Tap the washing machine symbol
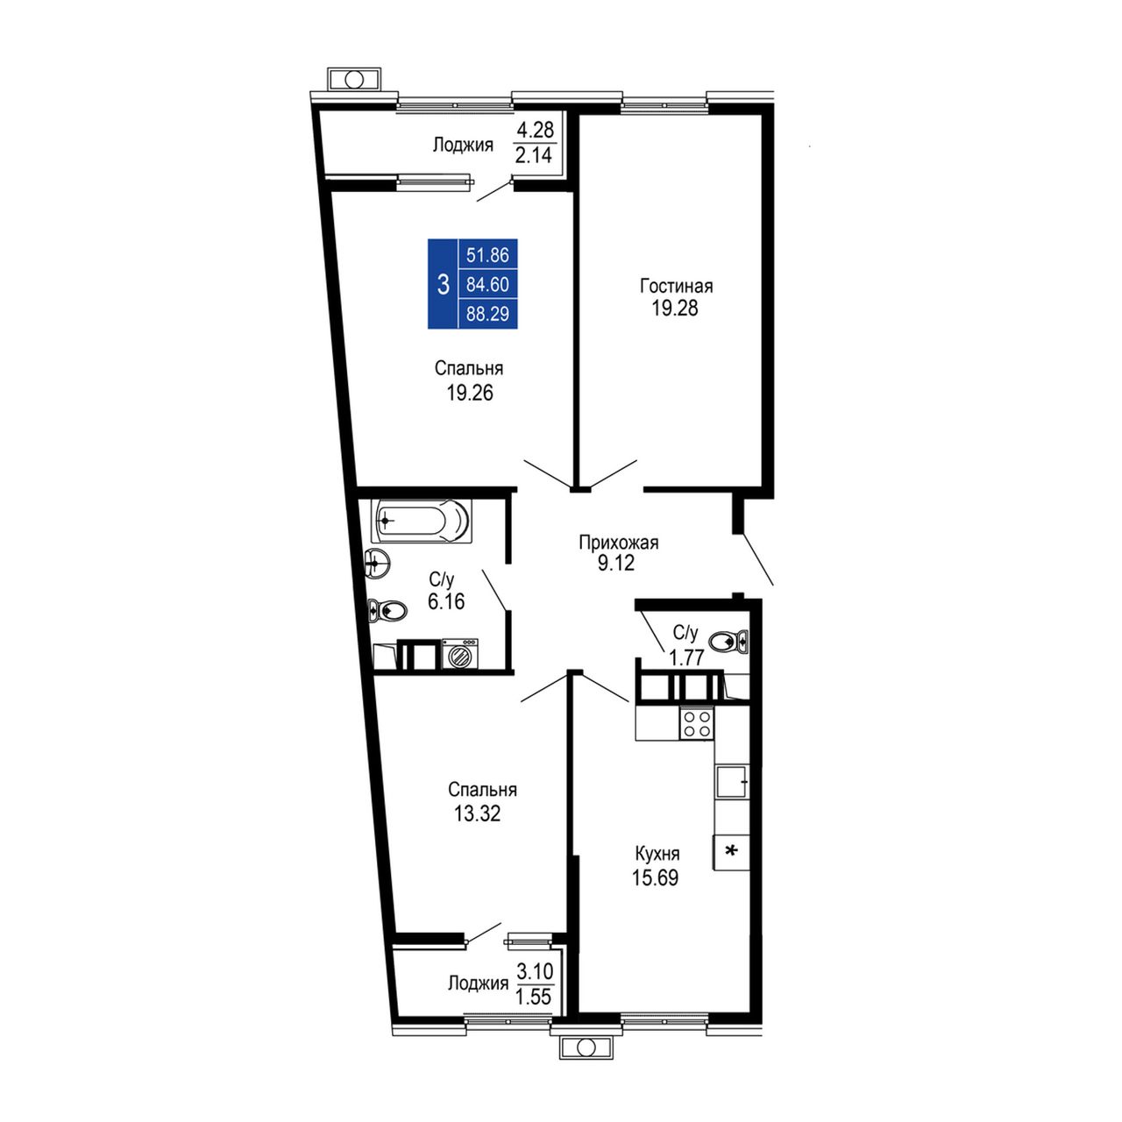click(460, 653)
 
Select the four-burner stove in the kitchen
click(696, 722)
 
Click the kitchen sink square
click(732, 781)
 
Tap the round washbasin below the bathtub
click(378, 563)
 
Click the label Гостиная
click(676, 287)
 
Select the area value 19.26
click(470, 393)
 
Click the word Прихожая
click(618, 543)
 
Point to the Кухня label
click(657, 854)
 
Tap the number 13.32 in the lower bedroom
click(477, 813)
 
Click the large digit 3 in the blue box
click(443, 285)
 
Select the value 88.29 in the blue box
click(488, 314)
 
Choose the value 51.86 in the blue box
click(488, 255)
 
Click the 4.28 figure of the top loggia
click(535, 129)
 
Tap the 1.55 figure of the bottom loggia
click(533, 997)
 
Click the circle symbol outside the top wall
click(355, 79)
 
